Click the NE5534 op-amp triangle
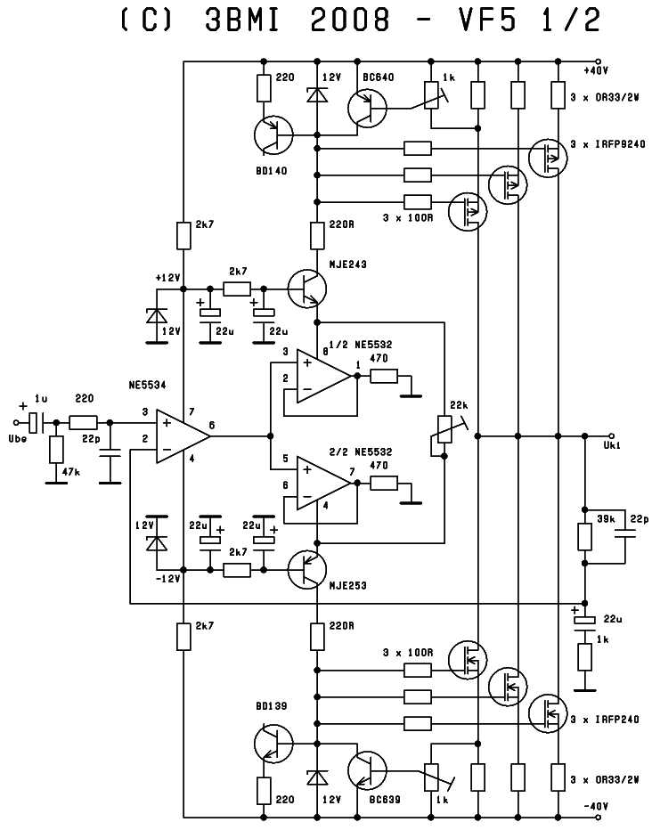(181, 435)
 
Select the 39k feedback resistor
(585, 536)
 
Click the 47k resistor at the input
(55, 451)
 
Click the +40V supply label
(595, 70)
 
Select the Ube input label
(20, 438)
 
